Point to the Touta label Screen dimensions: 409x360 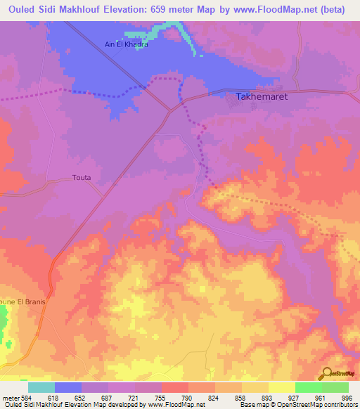click(82, 178)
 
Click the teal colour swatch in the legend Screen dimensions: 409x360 click(41, 387)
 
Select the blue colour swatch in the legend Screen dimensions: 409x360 click(68, 387)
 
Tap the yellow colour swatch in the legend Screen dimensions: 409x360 click(282, 387)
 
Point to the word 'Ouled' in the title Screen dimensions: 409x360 click(23, 10)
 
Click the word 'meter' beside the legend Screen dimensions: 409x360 click(11, 397)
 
